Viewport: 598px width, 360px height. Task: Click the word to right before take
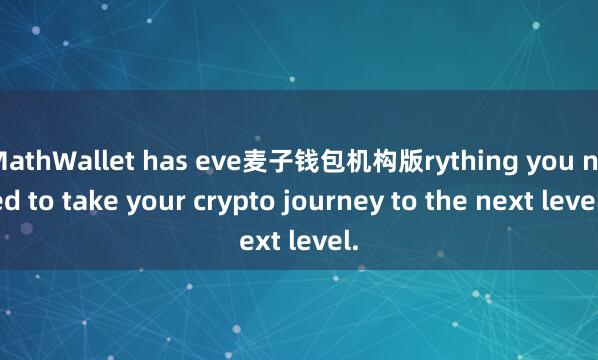50,200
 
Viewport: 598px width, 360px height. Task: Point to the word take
96,199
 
